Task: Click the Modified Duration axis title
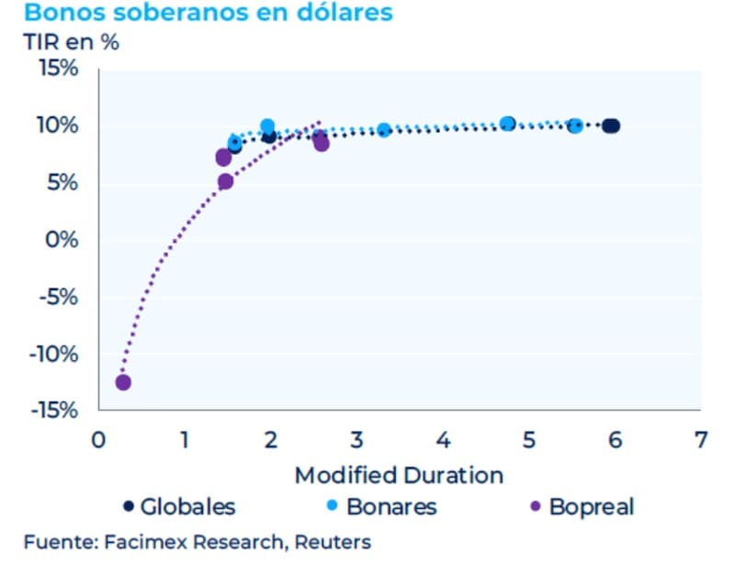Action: [x=399, y=476]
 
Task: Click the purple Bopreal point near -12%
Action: [x=123, y=382]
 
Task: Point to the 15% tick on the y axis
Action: [x=57, y=69]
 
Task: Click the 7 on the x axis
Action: [x=701, y=438]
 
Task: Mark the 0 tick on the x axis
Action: [x=98, y=438]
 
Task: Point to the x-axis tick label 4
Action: [x=443, y=438]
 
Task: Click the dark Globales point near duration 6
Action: [x=611, y=126]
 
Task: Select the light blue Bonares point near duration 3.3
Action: [x=384, y=130]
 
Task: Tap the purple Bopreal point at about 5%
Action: [x=225, y=182]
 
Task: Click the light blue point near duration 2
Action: [x=267, y=126]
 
